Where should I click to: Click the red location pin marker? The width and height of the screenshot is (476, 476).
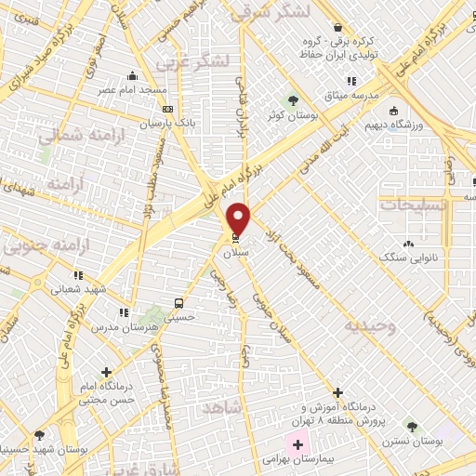click(x=240, y=218)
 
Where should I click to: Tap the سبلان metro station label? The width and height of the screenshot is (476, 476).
click(x=234, y=252)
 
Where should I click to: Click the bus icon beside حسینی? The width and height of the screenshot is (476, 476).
click(x=178, y=303)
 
